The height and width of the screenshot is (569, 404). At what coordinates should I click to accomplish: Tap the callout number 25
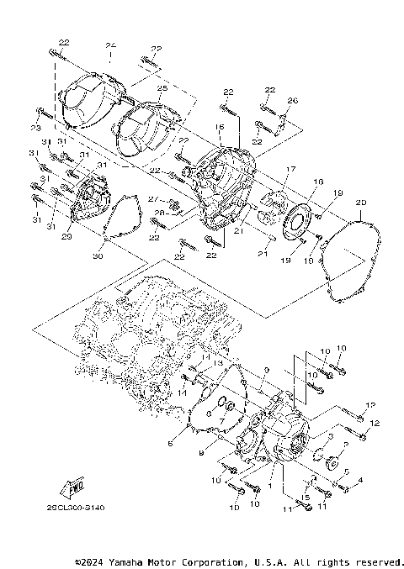pos(162,88)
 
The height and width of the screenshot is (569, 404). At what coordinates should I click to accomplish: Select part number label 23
pos(35,127)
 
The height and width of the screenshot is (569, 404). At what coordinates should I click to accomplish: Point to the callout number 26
pos(292,101)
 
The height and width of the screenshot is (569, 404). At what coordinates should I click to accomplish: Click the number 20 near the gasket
pos(361,202)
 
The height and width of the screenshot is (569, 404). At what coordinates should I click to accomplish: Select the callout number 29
pos(67,238)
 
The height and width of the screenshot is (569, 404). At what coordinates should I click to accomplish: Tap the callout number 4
pos(360,480)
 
